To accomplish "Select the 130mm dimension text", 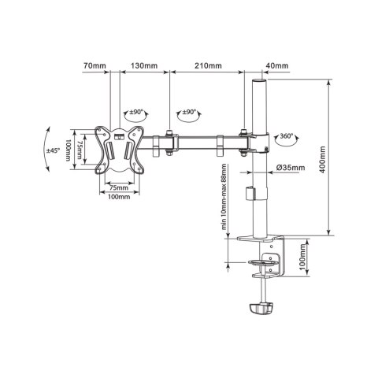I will click(x=143, y=66).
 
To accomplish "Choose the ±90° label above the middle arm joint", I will click(x=189, y=112).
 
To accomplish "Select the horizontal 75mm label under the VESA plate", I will click(x=118, y=187).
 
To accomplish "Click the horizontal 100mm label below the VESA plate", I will click(x=118, y=197).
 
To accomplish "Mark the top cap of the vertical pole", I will click(x=258, y=80).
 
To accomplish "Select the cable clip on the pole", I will click(x=254, y=193).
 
